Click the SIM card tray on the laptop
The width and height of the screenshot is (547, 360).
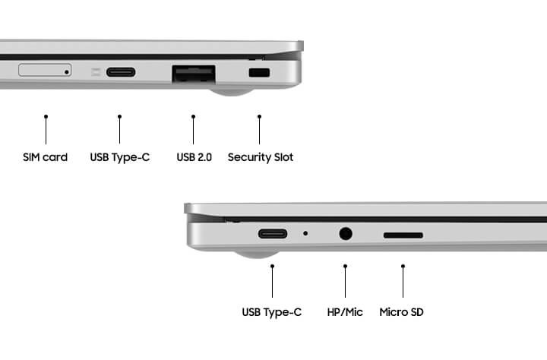pyautogui.click(x=45, y=70)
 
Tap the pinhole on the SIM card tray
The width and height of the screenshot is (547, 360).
pyautogui.click(x=67, y=72)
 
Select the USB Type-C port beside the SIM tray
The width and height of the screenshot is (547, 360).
pyautogui.click(x=121, y=72)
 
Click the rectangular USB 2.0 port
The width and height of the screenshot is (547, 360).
pyautogui.click(x=194, y=74)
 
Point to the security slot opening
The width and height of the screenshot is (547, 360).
pyautogui.click(x=259, y=73)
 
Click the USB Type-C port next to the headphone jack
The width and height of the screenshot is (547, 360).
pyautogui.click(x=273, y=233)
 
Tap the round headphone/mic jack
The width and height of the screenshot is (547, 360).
pyautogui.click(x=346, y=233)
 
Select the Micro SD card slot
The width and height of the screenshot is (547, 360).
pyautogui.click(x=403, y=235)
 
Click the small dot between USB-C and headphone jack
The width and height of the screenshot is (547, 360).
pyautogui.click(x=305, y=233)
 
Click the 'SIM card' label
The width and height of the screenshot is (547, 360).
pyautogui.click(x=45, y=157)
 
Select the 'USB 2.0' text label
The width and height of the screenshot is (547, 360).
pyautogui.click(x=194, y=157)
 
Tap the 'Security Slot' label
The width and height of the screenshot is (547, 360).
pyautogui.click(x=261, y=157)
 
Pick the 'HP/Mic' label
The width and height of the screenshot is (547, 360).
pyautogui.click(x=345, y=312)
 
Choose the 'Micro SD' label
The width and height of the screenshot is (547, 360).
pyautogui.click(x=402, y=312)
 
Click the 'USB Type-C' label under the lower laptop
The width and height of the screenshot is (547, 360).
pyautogui.click(x=272, y=312)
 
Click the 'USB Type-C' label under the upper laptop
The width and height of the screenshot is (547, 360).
pyautogui.click(x=120, y=157)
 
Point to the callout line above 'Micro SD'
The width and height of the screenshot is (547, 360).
pyautogui.click(x=403, y=281)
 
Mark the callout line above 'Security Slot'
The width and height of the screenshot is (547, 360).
pyautogui.click(x=259, y=130)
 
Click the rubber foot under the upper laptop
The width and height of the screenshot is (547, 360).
pyautogui.click(x=231, y=91)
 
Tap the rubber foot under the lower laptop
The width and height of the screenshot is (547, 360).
pyautogui.click(x=257, y=254)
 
